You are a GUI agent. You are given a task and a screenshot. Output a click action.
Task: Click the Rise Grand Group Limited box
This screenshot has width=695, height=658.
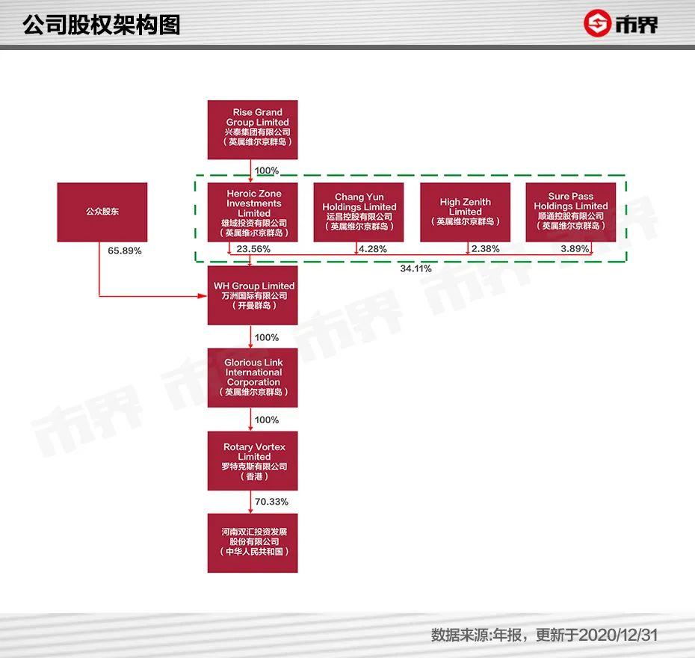point(253,129)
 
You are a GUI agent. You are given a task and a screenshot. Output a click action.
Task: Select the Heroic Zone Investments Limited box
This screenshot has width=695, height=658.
point(253,212)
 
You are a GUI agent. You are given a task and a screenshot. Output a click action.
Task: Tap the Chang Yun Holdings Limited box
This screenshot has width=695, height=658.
point(359,212)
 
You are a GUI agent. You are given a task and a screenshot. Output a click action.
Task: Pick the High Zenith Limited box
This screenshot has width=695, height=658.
point(465,212)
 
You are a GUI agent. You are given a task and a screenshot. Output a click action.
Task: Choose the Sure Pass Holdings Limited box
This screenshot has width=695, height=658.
point(572,212)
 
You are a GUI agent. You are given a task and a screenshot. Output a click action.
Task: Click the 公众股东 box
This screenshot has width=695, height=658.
point(102,212)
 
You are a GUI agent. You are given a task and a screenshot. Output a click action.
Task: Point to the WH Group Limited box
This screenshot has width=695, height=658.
point(253,295)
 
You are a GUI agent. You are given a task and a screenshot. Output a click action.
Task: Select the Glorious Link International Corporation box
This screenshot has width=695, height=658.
point(253,378)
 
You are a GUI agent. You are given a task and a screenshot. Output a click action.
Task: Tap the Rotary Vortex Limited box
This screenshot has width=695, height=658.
point(253,461)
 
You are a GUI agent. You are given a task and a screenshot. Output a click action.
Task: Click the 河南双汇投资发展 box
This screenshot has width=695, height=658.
point(253,543)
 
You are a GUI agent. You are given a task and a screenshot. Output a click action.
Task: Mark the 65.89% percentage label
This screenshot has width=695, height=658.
point(125,251)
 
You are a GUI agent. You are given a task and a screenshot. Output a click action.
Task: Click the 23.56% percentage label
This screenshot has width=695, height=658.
point(253,249)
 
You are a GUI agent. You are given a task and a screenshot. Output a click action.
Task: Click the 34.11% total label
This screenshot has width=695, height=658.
point(416,268)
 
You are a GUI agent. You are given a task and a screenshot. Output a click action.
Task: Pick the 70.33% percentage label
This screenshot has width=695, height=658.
point(271,501)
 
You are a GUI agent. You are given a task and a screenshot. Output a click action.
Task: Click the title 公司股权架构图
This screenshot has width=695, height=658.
point(102,25)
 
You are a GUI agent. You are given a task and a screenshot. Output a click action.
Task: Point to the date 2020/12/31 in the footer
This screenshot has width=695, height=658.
point(617,635)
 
